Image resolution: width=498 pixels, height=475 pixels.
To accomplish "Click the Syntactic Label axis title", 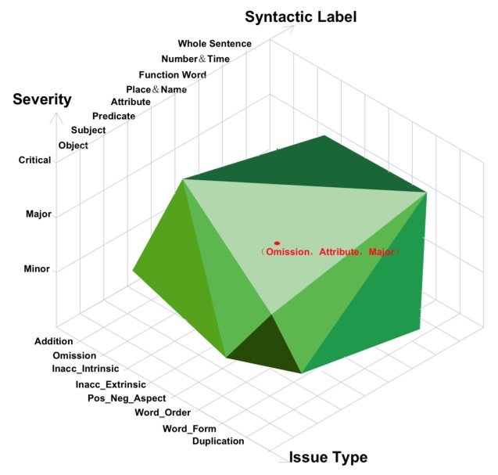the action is [x=300, y=17].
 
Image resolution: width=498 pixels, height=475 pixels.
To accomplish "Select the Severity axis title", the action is [x=42, y=99].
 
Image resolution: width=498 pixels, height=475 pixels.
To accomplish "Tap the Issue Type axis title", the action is [x=328, y=458].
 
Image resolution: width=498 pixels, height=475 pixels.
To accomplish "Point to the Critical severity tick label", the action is [x=34, y=160].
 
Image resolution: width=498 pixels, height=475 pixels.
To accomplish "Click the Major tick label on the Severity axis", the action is [x=38, y=214].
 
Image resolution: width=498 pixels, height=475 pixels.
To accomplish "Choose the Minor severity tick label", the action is [x=37, y=269].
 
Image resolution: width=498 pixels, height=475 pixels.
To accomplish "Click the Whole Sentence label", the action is [x=215, y=44].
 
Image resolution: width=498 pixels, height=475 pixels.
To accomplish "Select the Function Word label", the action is [x=173, y=74].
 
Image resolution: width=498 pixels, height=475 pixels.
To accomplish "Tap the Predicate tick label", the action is [x=113, y=116].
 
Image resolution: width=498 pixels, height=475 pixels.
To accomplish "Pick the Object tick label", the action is [x=73, y=146].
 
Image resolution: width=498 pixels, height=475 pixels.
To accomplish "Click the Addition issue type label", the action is [x=54, y=341].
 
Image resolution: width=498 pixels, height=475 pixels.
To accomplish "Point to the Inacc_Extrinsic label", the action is [x=110, y=385].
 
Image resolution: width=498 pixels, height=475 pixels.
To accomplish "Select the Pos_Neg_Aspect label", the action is [x=127, y=398].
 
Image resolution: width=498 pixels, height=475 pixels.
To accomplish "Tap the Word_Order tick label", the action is [x=163, y=412].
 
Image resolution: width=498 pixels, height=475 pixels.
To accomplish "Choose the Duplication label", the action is [x=218, y=441].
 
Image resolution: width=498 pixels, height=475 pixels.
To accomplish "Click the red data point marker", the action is [x=277, y=243].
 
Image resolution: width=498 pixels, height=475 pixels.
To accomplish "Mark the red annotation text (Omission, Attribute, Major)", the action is [x=329, y=252].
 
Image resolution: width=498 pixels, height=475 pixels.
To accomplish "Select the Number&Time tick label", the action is [x=195, y=59].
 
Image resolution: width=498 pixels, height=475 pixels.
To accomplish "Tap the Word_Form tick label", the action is [x=189, y=429].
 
